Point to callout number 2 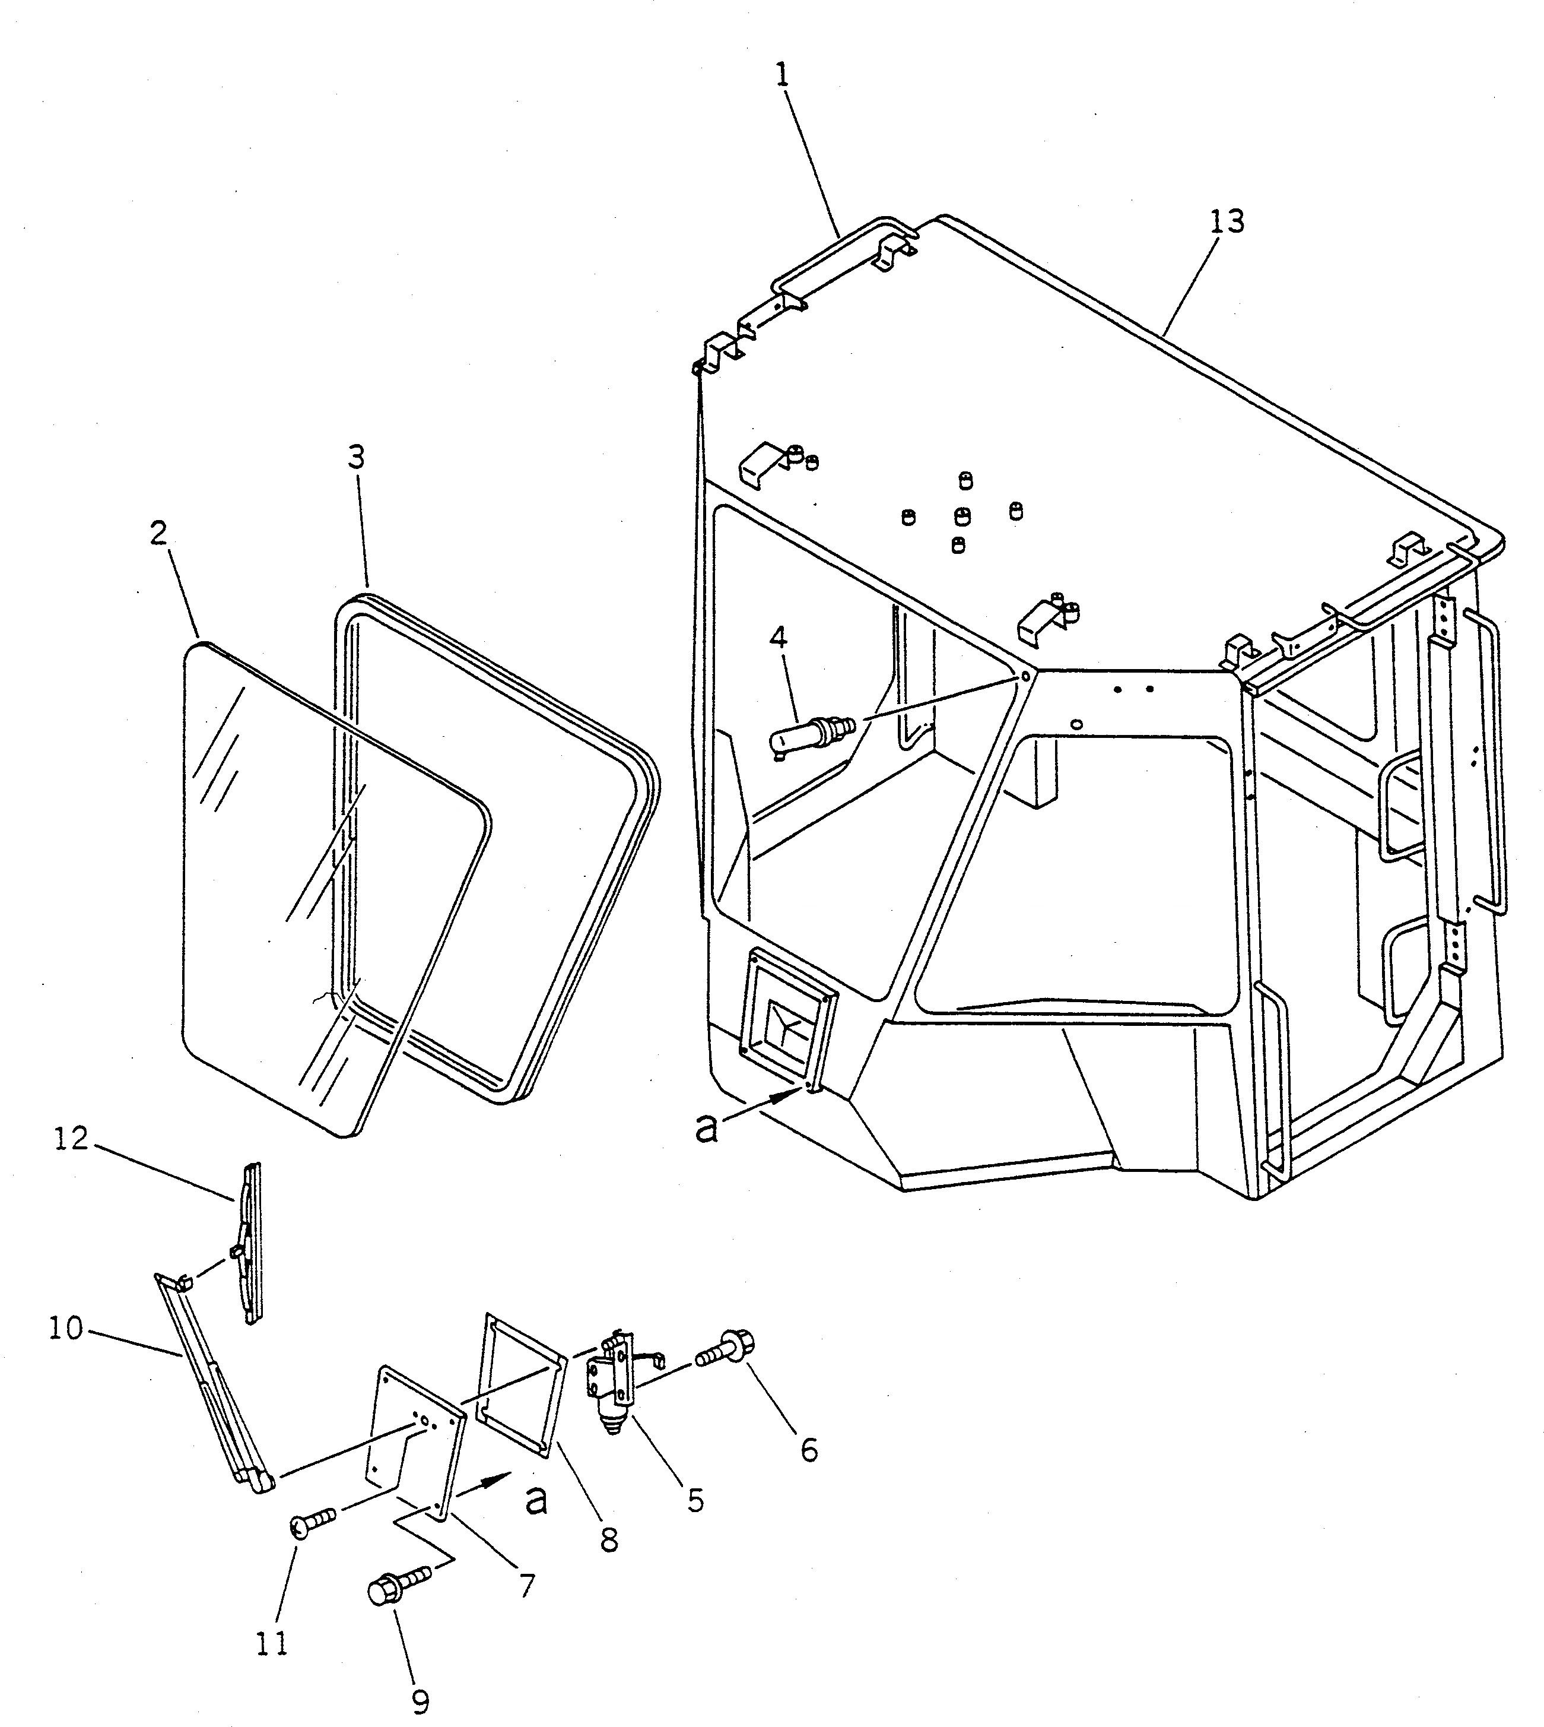point(158,533)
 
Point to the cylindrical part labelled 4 point(806,731)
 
